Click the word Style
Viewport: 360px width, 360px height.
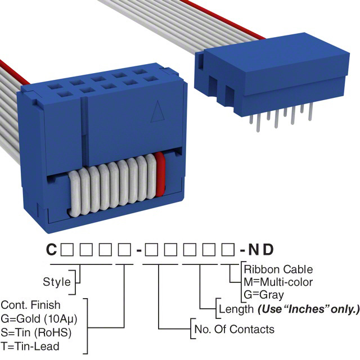pos(57,281)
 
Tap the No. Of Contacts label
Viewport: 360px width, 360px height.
pos(233,329)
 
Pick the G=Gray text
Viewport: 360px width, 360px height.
pos(264,294)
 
